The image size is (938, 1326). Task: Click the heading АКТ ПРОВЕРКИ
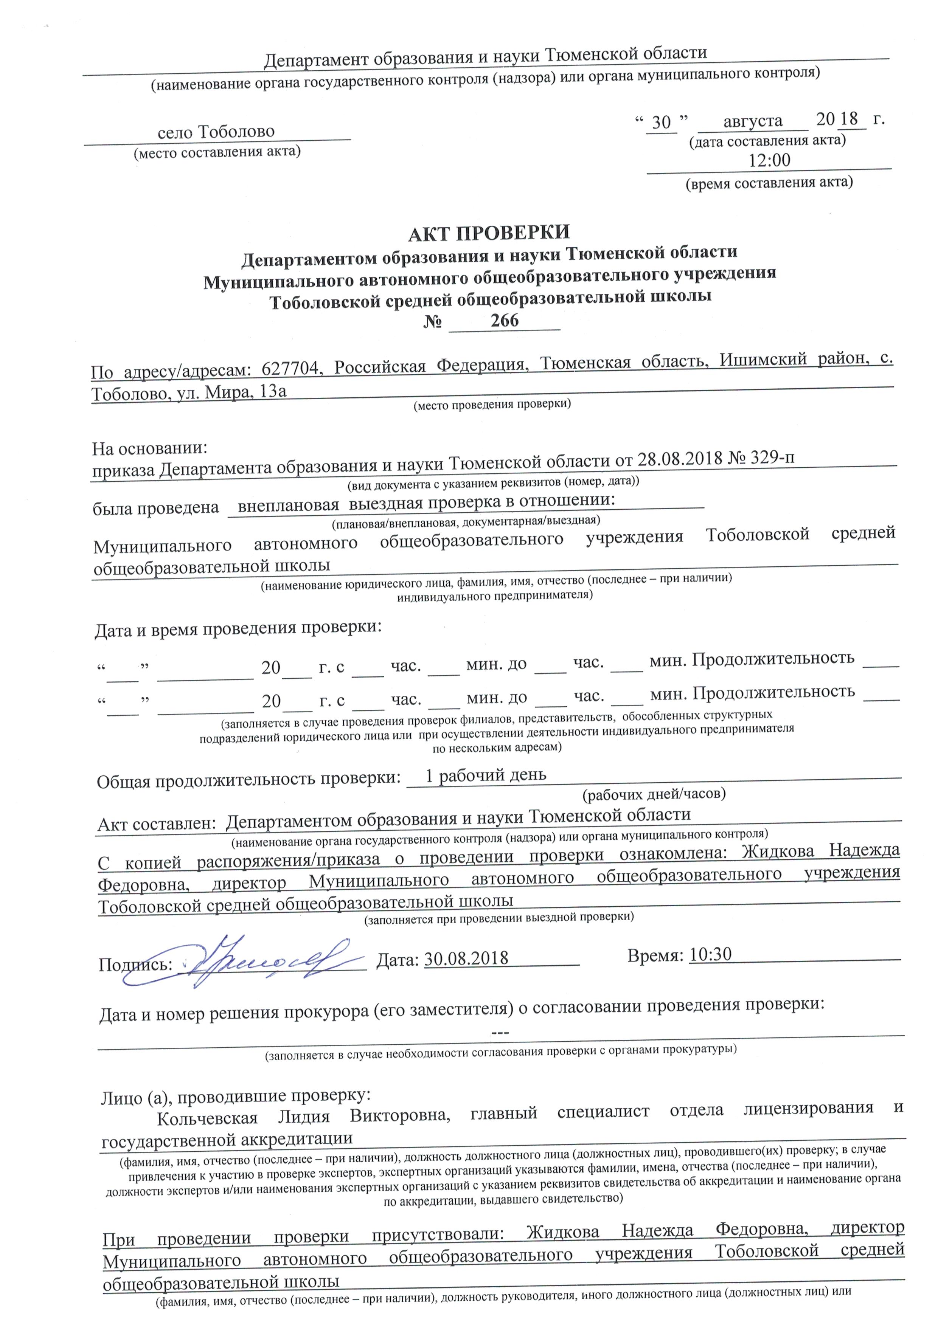(489, 233)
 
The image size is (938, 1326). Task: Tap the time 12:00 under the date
(769, 160)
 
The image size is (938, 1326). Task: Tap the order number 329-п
(772, 458)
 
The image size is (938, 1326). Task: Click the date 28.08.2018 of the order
(680, 459)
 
